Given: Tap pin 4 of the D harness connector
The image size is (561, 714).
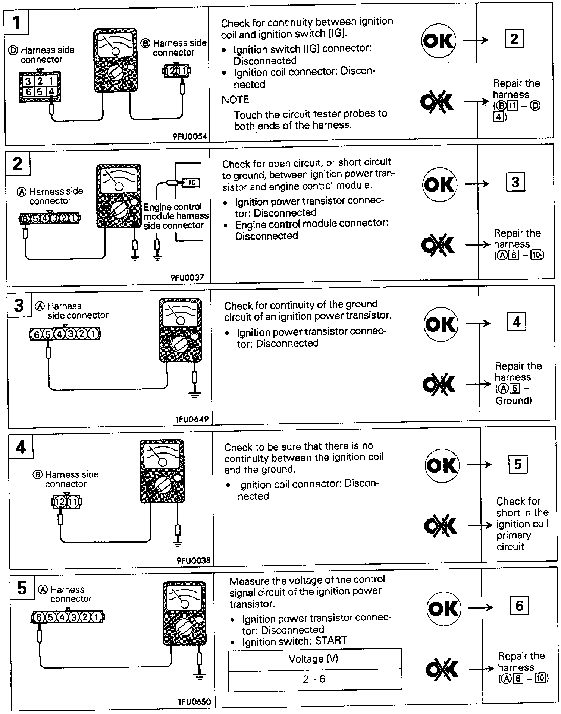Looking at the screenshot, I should click(51, 92).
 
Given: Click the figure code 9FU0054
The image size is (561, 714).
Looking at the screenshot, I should click(189, 137).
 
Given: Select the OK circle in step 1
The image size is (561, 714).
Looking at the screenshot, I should click(439, 41).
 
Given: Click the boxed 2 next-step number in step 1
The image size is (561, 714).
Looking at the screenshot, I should click(514, 39).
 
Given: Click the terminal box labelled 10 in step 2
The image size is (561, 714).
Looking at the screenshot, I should click(192, 183).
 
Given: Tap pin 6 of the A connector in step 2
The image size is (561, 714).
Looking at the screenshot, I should click(25, 219).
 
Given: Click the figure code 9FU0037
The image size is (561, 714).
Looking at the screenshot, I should click(187, 278).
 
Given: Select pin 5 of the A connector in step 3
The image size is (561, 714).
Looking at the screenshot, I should click(48, 335).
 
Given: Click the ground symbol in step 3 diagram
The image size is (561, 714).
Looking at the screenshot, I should click(194, 394).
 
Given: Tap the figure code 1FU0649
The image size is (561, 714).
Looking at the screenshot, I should click(192, 419).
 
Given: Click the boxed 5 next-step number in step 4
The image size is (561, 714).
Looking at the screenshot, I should click(518, 464).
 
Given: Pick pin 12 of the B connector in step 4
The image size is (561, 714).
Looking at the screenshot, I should click(60, 502).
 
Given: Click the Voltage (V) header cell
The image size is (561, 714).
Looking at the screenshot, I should click(314, 659).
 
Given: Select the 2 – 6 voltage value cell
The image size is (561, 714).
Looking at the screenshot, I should click(314, 679).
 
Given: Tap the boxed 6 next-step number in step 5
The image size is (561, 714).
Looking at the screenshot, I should click(519, 606).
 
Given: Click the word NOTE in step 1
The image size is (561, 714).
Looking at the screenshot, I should click(235, 100).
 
